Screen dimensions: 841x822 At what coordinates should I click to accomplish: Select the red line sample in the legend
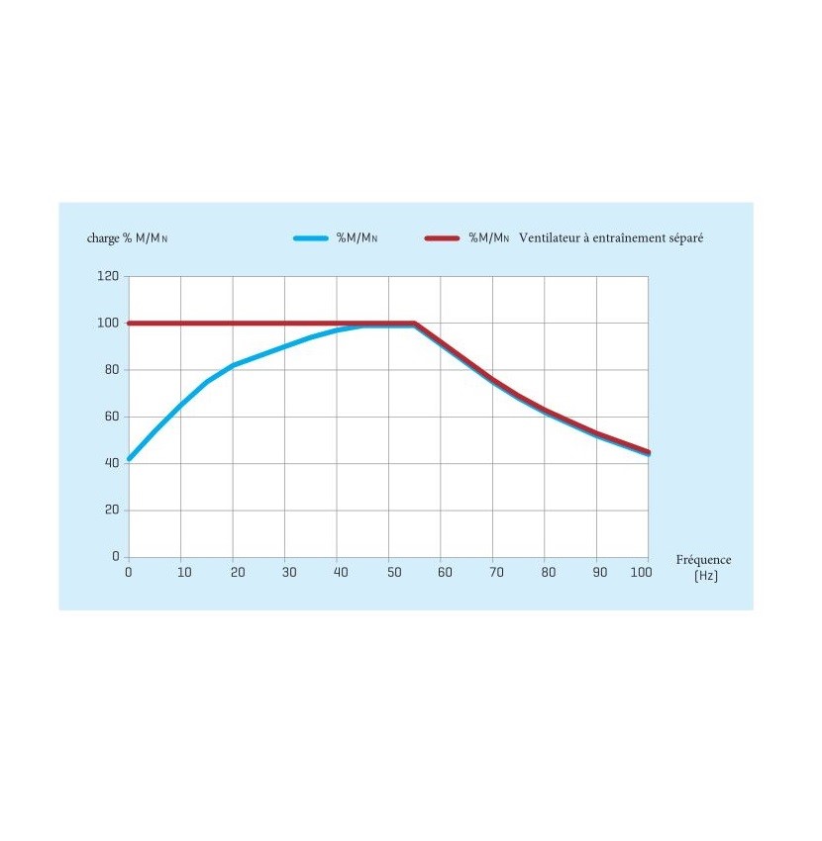point(443,238)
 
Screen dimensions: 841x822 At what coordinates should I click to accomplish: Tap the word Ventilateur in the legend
point(551,238)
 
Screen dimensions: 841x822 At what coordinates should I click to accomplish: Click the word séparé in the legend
point(684,238)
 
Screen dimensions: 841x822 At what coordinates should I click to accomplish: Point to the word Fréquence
point(703,560)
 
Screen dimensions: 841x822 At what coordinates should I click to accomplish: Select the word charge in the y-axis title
point(104,238)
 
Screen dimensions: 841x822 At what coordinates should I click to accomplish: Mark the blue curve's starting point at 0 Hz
point(129,459)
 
